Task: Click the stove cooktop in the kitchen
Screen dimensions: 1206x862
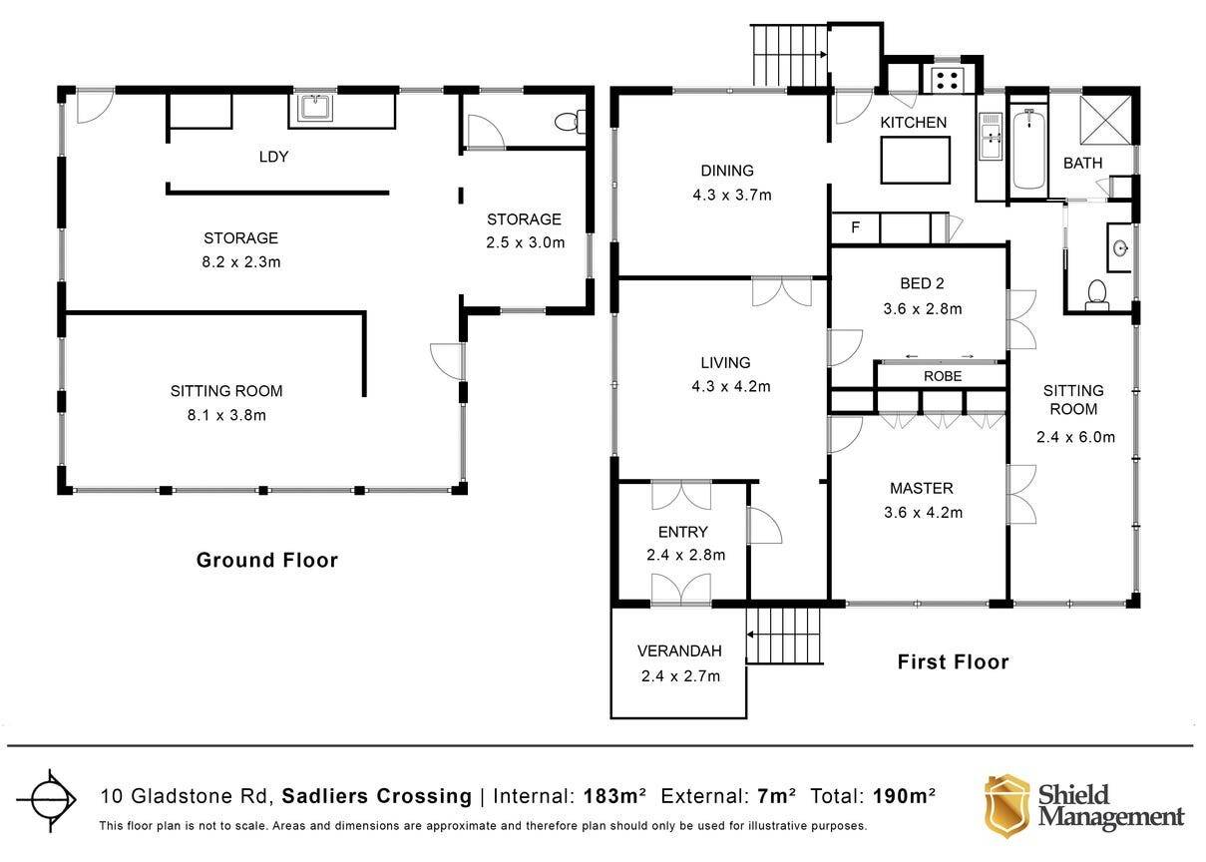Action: click(x=947, y=81)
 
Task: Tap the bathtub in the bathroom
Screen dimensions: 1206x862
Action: click(x=1028, y=149)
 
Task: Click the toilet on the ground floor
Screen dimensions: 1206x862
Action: click(x=570, y=122)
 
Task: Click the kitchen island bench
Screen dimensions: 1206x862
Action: click(x=916, y=160)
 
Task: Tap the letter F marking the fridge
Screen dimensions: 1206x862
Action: click(x=855, y=227)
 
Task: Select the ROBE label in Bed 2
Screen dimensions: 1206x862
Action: click(x=943, y=376)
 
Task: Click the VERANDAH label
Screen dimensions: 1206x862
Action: click(x=679, y=650)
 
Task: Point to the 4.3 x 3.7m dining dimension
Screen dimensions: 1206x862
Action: click(x=731, y=195)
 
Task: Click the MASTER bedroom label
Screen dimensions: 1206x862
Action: click(x=921, y=488)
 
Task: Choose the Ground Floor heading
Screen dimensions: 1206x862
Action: click(x=267, y=560)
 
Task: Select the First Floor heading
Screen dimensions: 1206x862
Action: click(x=953, y=661)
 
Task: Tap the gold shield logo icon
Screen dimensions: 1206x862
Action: click(x=1006, y=806)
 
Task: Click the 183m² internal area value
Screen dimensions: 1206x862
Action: click(x=614, y=796)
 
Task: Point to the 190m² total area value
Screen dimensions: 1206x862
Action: click(x=904, y=796)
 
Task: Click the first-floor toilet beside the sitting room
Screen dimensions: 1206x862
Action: click(x=1096, y=295)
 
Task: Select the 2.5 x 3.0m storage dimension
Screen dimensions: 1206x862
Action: click(x=526, y=242)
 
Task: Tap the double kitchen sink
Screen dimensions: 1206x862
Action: click(x=991, y=136)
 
